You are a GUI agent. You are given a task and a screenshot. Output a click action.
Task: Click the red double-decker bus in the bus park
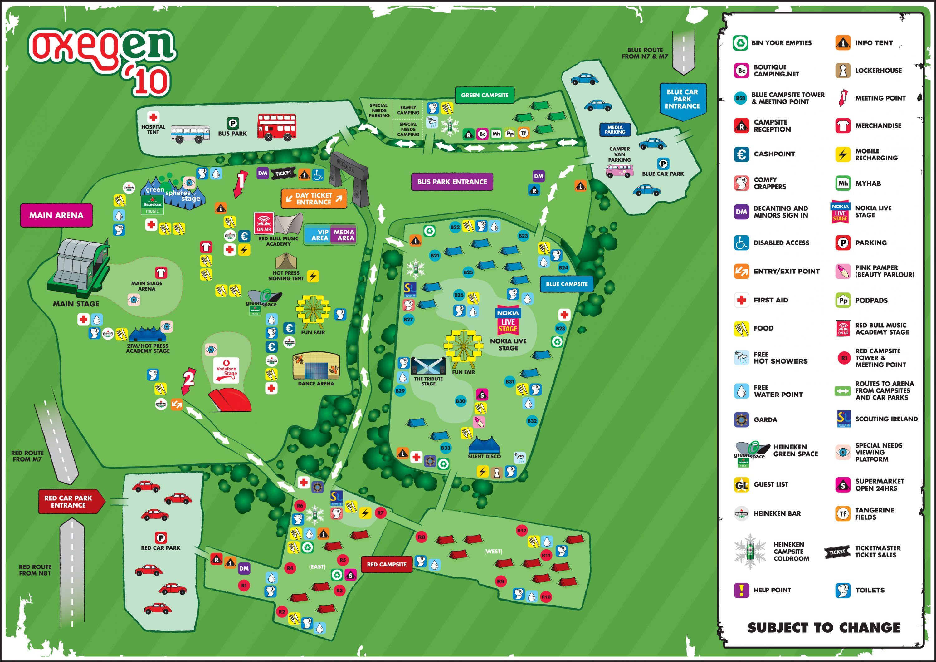point(277,127)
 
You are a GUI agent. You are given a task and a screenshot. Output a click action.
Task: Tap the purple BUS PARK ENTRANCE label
point(452,182)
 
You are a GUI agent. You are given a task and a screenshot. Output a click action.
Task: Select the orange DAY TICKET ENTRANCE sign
point(314,199)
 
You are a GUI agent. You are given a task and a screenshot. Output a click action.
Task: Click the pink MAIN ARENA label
point(56,215)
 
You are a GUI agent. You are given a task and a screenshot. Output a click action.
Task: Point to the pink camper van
point(620,170)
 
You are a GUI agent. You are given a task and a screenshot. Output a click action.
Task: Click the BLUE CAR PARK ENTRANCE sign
point(682,99)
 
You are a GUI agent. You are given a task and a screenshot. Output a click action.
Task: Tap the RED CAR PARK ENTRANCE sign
point(69,501)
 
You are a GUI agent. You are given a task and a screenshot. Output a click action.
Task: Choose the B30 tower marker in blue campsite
point(460,401)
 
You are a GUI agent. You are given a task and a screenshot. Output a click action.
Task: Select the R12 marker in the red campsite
point(521,531)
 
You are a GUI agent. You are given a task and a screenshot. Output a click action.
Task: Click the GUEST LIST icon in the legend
point(741,485)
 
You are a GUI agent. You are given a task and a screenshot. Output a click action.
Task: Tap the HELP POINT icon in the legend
point(741,590)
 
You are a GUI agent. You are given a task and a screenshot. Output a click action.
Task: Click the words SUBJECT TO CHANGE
point(824,628)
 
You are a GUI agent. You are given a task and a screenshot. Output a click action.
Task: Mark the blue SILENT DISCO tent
point(484,445)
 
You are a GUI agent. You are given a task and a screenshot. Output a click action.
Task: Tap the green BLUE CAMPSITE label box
point(566,284)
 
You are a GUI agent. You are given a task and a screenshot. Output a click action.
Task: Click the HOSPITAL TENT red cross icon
point(153,117)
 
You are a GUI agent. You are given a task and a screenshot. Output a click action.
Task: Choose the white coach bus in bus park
point(190,133)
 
